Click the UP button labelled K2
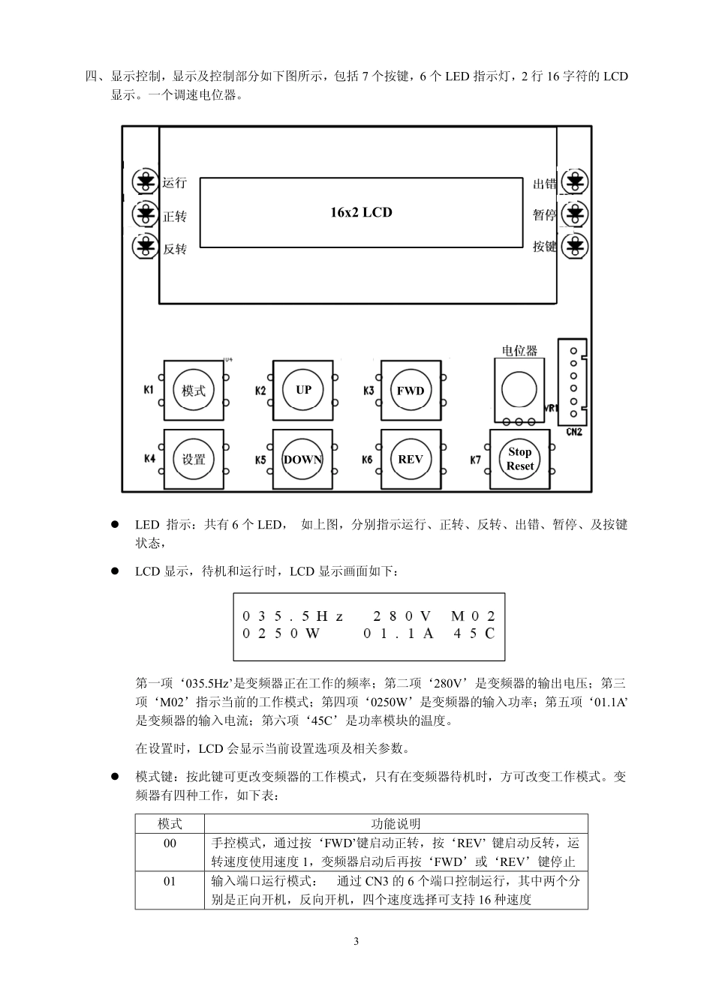pyautogui.click(x=303, y=390)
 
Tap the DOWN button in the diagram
pyautogui.click(x=302, y=460)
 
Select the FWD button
pyautogui.click(x=411, y=390)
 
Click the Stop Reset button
pyautogui.click(x=519, y=459)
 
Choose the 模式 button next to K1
pyautogui.click(x=194, y=391)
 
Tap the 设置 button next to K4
pyautogui.click(x=194, y=460)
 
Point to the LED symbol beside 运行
pyautogui.click(x=143, y=181)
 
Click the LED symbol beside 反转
pyautogui.click(x=143, y=246)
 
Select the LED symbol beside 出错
pyautogui.click(x=576, y=181)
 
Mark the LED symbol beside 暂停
pyautogui.click(x=576, y=214)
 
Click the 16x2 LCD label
pyautogui.click(x=361, y=212)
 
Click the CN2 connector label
pyautogui.click(x=574, y=433)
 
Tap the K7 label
pyautogui.click(x=476, y=460)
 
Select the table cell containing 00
pyautogui.click(x=170, y=844)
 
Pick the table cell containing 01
pyautogui.click(x=170, y=881)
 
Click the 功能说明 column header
pyautogui.click(x=396, y=823)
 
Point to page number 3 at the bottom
pyautogui.click(x=356, y=941)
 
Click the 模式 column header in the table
pyautogui.click(x=170, y=823)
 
